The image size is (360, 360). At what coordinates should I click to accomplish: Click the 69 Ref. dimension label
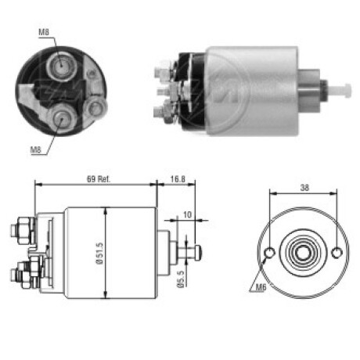(99, 179)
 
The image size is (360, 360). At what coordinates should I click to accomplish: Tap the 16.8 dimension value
(178, 179)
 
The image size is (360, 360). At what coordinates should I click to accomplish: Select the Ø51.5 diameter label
(99, 253)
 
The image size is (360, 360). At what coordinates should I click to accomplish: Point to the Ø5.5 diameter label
(181, 279)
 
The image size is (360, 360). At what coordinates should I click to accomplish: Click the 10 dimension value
(187, 214)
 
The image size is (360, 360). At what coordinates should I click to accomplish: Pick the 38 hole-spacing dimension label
(304, 187)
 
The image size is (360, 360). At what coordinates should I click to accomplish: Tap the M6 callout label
(261, 287)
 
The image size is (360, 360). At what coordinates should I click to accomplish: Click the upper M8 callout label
(44, 32)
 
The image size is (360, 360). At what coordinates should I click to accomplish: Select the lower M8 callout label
(36, 149)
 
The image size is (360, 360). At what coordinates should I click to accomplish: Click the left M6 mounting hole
(269, 252)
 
